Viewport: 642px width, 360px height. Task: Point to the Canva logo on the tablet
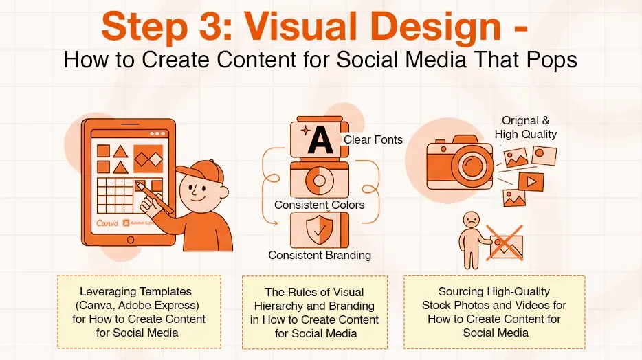tap(107, 223)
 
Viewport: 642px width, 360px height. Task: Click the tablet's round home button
tap(131, 239)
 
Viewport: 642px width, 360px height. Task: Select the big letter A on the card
tap(320, 140)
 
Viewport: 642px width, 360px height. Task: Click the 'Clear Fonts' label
tap(373, 139)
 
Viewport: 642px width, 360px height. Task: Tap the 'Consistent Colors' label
tap(319, 205)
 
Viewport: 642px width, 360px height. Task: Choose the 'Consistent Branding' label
tap(319, 255)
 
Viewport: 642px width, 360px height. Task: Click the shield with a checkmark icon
tap(319, 229)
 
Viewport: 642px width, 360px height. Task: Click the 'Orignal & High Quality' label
tap(525, 128)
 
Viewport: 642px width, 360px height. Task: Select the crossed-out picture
tap(506, 244)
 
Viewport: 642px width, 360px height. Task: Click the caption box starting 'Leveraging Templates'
tap(139, 312)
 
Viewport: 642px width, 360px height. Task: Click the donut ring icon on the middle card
tap(319, 180)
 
